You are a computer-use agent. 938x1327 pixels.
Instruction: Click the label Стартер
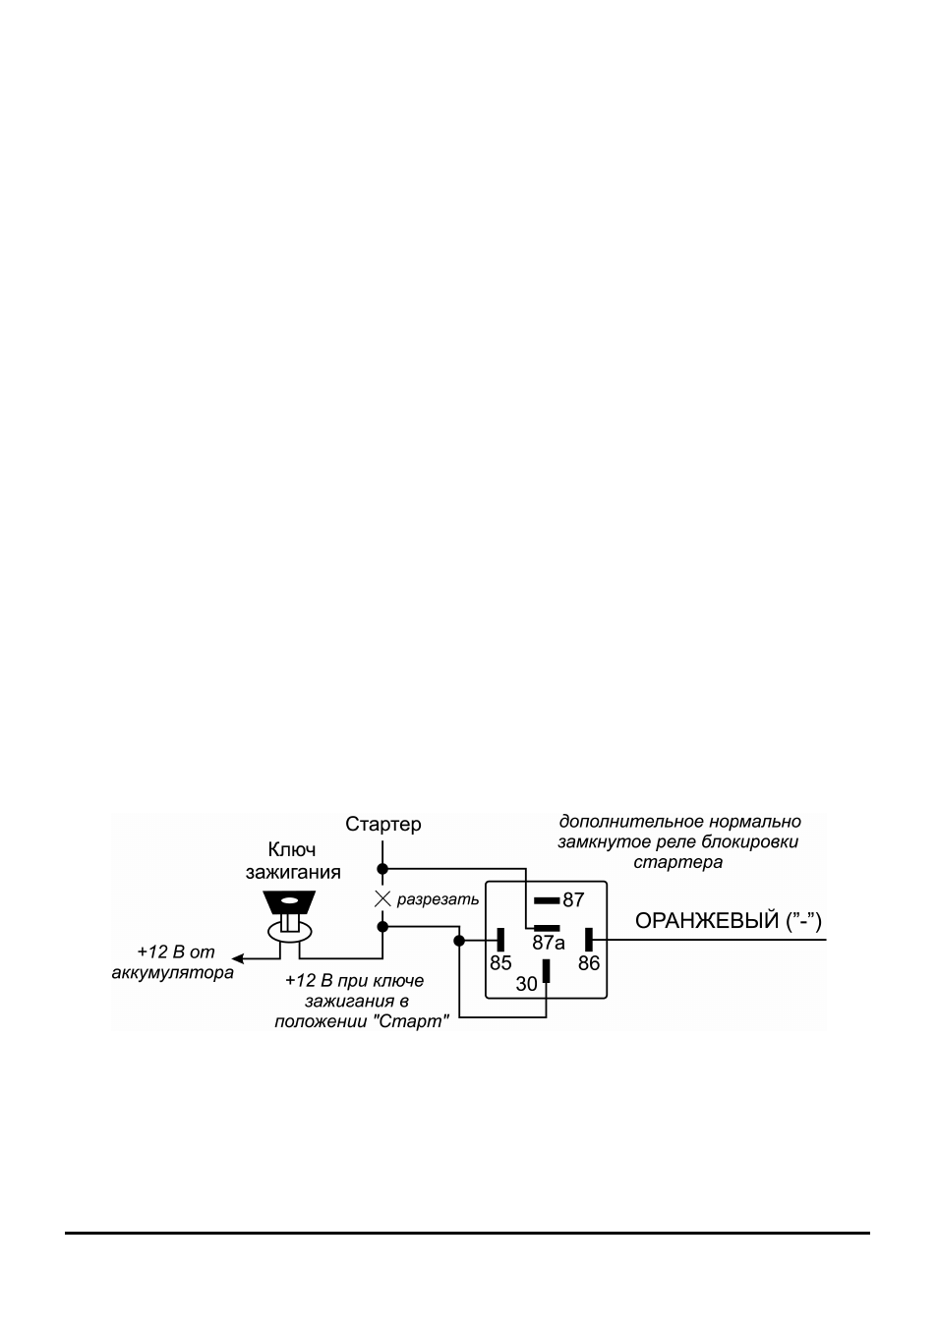point(382,824)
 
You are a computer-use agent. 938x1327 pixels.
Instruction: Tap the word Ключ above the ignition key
point(292,849)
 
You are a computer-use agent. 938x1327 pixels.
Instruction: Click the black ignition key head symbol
point(289,902)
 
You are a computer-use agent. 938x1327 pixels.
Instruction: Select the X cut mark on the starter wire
point(382,899)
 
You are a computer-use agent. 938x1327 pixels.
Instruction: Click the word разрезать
point(438,899)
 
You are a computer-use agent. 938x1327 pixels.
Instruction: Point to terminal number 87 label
point(573,900)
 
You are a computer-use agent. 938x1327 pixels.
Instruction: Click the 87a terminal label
point(548,943)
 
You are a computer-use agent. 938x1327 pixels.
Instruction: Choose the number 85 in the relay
point(500,963)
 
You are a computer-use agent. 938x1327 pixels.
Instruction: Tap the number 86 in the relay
point(589,963)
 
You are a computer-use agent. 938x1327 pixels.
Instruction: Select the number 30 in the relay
point(526,984)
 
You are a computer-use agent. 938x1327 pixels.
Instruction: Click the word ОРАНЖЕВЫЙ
point(706,921)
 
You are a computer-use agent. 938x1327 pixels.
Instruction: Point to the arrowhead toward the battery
point(237,958)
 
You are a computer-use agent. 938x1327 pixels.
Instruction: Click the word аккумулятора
point(172,973)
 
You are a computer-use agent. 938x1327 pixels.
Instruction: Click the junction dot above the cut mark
point(382,869)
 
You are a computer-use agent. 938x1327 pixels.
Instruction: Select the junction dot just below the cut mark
point(382,927)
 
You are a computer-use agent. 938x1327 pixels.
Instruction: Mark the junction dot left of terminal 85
point(459,940)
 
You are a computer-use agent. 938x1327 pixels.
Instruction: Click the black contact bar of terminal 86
point(589,940)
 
